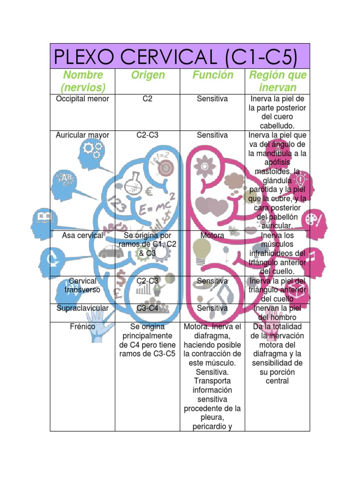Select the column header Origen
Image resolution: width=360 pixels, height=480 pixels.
coord(148,75)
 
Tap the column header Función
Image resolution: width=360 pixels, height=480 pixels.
coord(212,75)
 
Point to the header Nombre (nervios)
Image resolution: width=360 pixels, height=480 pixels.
coord(82,81)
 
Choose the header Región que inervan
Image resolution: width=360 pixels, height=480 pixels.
coord(277,81)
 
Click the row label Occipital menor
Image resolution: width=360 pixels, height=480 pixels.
coord(82,99)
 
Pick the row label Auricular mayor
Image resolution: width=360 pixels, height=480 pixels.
coord(82,135)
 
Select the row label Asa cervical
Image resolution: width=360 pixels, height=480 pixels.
coord(82,235)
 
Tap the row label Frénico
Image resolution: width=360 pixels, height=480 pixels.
coord(82,326)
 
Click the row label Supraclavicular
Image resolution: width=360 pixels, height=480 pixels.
coord(82,308)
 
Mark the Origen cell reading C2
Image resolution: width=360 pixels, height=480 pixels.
coord(148,99)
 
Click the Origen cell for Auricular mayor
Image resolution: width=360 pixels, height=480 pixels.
coord(148,135)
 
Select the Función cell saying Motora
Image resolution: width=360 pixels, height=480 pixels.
coord(212,235)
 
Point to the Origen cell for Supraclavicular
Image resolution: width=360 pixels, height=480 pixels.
coord(148,308)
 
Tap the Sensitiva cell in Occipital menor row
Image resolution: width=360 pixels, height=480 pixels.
coord(212,99)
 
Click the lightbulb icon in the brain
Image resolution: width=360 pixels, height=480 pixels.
coord(202,251)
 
